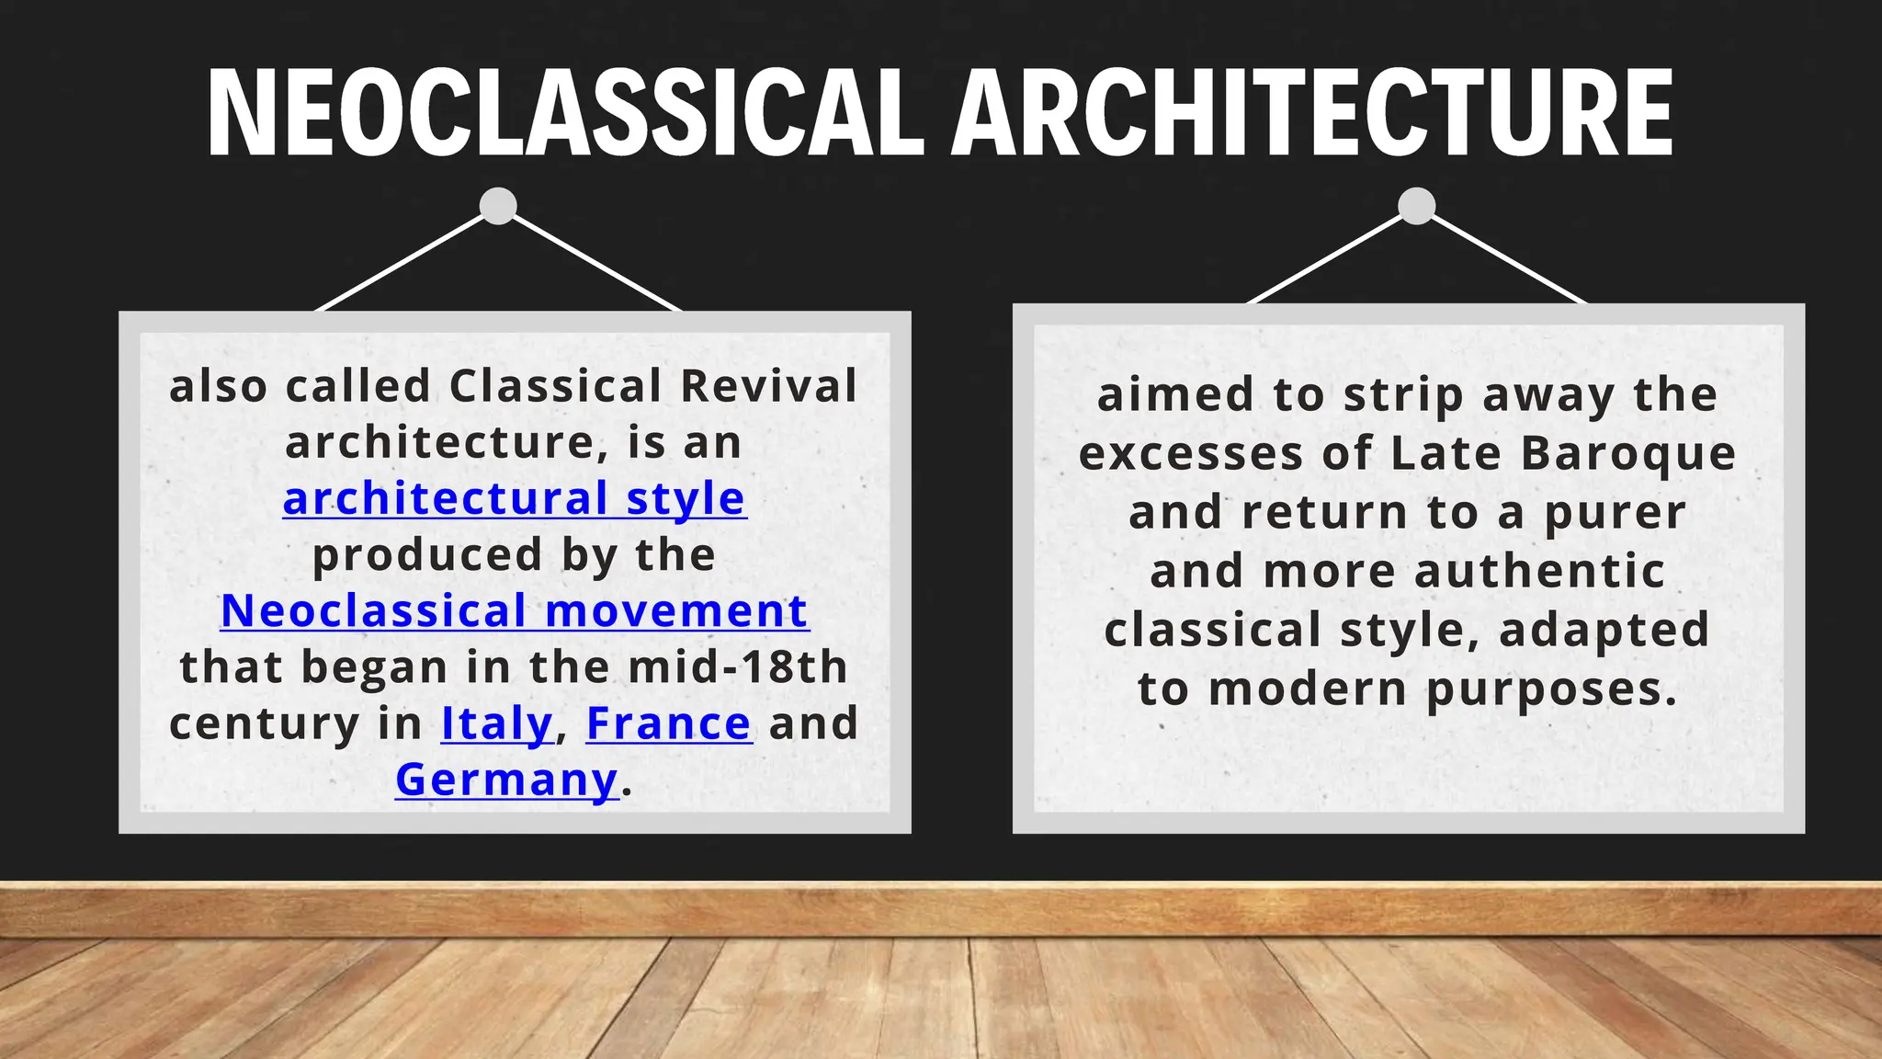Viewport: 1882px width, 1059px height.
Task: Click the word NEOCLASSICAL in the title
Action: click(x=564, y=114)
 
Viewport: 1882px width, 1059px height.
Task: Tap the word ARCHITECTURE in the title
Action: click(x=1312, y=114)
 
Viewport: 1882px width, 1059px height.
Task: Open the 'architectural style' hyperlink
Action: click(x=515, y=499)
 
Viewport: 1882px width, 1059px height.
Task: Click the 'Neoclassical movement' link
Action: click(x=515, y=611)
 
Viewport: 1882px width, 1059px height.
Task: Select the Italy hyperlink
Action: click(x=497, y=723)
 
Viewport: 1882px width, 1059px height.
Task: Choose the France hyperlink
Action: click(x=669, y=723)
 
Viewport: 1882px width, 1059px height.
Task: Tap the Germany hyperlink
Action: click(x=507, y=780)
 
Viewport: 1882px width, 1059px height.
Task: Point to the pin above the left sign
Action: click(x=498, y=206)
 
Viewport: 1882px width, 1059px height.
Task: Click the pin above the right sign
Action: click(x=1417, y=206)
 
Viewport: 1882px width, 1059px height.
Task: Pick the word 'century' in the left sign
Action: click(x=265, y=725)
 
